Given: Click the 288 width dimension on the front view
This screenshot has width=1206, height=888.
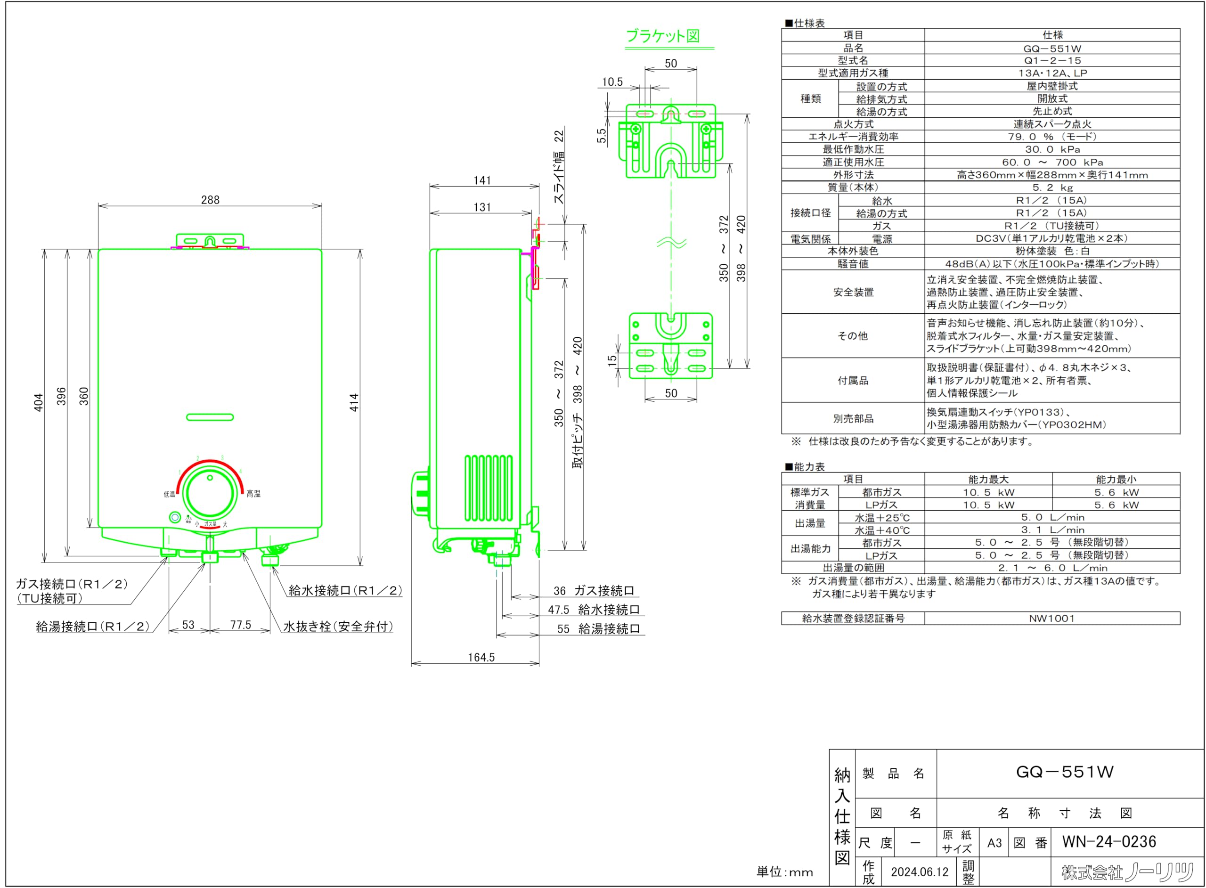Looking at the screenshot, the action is (x=210, y=200).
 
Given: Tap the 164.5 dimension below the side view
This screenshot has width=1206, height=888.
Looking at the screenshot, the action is (x=481, y=657).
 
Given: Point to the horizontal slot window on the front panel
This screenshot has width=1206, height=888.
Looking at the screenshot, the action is (x=210, y=417).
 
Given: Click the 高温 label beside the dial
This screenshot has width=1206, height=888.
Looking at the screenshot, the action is (x=253, y=493).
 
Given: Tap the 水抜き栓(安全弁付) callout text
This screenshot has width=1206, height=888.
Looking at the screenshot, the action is (x=338, y=626).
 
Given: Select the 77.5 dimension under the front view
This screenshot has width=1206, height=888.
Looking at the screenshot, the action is (x=241, y=625).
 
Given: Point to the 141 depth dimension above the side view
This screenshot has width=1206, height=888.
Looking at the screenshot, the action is (x=482, y=180).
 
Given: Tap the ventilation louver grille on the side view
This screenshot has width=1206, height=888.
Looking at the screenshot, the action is (x=488, y=488).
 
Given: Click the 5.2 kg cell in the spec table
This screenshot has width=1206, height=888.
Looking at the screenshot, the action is (x=1052, y=187).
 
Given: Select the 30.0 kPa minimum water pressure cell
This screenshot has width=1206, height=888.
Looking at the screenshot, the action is (x=1052, y=149).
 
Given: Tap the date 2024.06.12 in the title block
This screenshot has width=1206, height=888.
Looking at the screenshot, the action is (x=920, y=872).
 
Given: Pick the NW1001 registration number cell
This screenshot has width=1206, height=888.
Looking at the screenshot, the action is (x=1052, y=618).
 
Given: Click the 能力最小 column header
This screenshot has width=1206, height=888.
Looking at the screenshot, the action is (x=1116, y=479).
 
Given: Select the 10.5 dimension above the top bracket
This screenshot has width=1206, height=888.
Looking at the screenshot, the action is (x=612, y=82).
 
